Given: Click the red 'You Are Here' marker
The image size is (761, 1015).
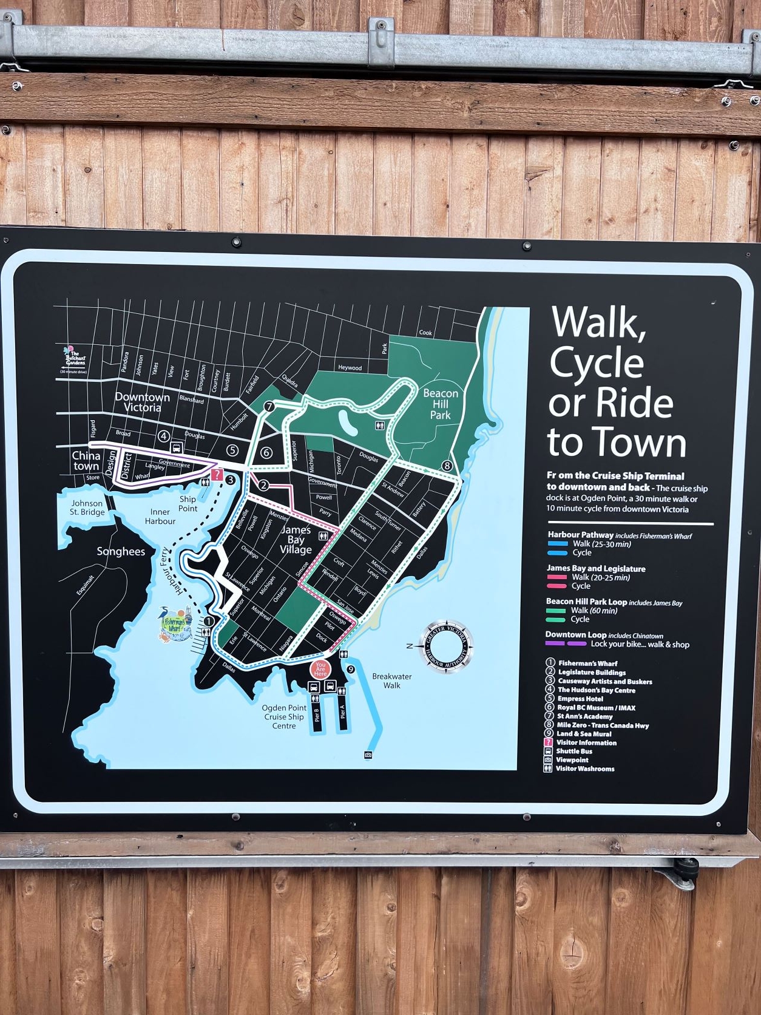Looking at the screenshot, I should pyautogui.click(x=320, y=669).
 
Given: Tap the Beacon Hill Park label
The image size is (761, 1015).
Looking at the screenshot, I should pyautogui.click(x=441, y=404).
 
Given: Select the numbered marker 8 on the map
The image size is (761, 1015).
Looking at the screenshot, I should pyautogui.click(x=447, y=466).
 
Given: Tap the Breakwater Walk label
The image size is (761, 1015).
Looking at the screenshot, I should pyautogui.click(x=391, y=681).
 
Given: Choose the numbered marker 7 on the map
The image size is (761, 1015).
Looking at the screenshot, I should pyautogui.click(x=269, y=406).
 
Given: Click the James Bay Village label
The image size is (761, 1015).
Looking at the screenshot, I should pyautogui.click(x=296, y=540).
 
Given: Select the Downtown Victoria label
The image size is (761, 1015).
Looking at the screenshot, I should pyautogui.click(x=143, y=402).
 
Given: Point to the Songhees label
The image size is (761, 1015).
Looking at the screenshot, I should pyautogui.click(x=121, y=551).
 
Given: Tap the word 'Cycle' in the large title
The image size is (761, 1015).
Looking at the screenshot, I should pyautogui.click(x=597, y=363).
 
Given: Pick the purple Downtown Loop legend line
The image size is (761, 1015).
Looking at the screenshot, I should pyautogui.click(x=565, y=644).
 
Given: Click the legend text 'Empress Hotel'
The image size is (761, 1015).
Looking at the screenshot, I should pyautogui.click(x=580, y=699).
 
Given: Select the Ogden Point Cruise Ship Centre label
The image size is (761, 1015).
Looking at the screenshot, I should pyautogui.click(x=284, y=716).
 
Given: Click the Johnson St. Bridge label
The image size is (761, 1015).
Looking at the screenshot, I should pyautogui.click(x=87, y=508).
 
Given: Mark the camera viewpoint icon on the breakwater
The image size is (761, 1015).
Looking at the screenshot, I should pyautogui.click(x=368, y=755).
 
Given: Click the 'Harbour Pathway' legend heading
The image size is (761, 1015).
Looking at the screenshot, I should pyautogui.click(x=580, y=535).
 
